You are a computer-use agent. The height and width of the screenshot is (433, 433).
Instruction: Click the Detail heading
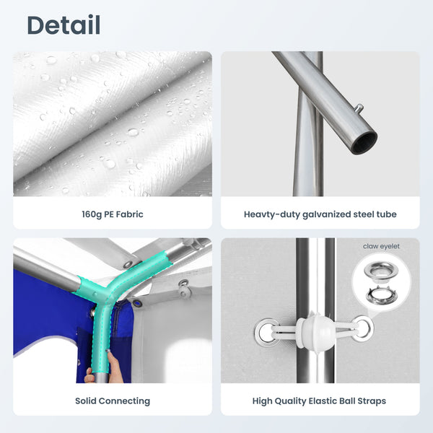click(64, 25)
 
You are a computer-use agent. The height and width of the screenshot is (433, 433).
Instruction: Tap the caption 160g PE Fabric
click(113, 214)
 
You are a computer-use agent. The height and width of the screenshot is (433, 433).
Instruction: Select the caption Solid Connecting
click(113, 401)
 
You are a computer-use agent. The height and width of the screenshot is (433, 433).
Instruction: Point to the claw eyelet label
click(381, 246)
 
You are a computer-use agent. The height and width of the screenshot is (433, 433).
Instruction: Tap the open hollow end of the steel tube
click(365, 144)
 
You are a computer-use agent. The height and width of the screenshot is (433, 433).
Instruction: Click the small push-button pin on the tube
click(358, 108)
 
